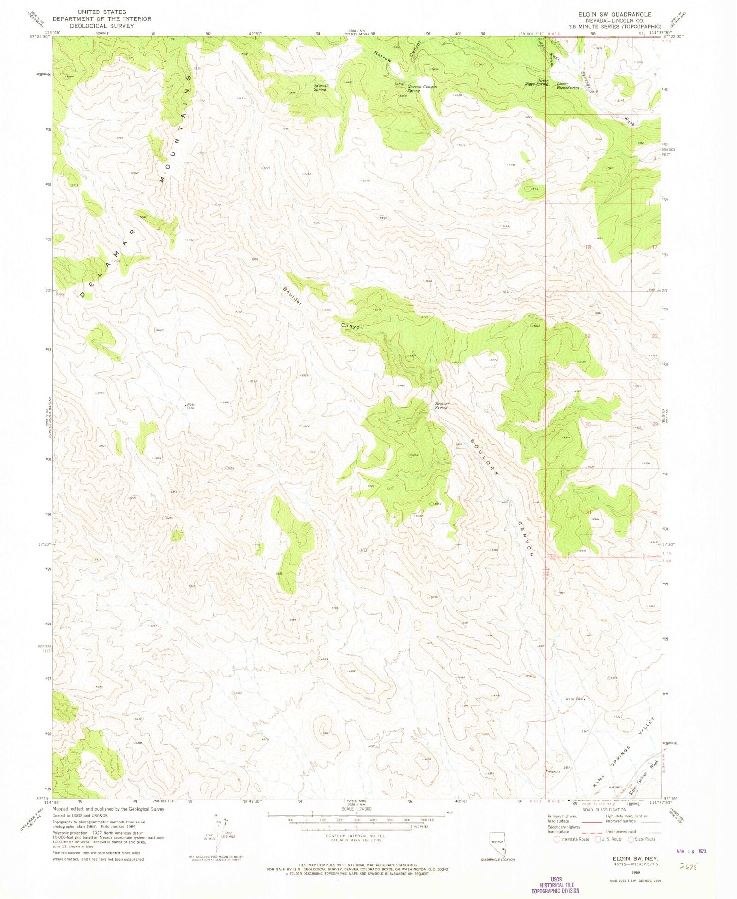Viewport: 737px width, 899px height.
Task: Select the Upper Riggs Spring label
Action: tap(537, 82)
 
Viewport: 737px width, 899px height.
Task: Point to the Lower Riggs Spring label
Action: tap(568, 85)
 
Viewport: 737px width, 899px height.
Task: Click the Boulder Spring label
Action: tap(442, 405)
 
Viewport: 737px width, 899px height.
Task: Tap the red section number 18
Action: tap(588, 247)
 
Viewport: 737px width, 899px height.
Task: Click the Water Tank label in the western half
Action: tap(191, 407)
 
